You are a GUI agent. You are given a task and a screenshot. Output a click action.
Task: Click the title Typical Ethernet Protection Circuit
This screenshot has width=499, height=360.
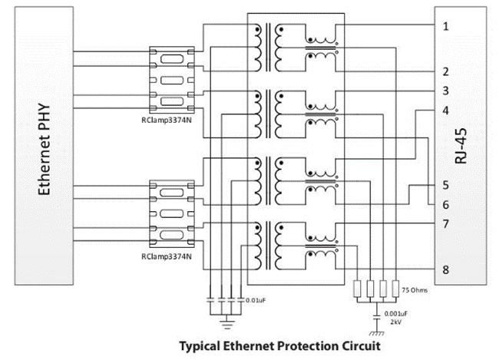coord(279,345)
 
